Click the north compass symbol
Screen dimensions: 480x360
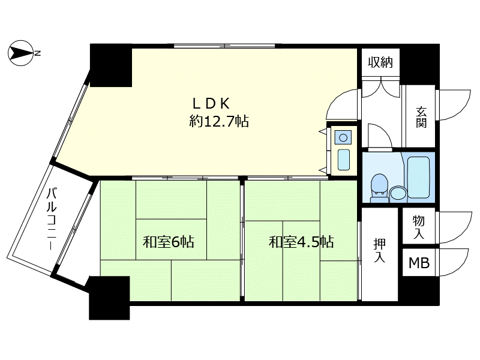(x=21, y=53)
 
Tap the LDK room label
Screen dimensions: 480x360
(x=211, y=104)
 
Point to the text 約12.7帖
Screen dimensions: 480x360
(x=219, y=121)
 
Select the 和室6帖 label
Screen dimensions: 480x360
(x=169, y=242)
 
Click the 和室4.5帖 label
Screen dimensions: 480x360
(x=301, y=242)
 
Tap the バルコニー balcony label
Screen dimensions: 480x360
(x=52, y=218)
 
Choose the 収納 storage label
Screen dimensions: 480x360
(x=380, y=62)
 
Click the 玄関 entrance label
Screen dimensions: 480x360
(x=421, y=116)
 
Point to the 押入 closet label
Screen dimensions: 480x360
(x=380, y=250)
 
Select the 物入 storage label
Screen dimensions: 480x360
(x=418, y=227)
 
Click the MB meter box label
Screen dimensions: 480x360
(x=419, y=263)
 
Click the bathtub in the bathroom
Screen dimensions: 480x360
(x=418, y=178)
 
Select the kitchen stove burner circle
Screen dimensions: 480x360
(x=343, y=138)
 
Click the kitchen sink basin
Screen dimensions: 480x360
(x=343, y=160)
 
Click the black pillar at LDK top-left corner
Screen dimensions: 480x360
(x=111, y=65)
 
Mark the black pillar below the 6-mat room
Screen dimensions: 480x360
(x=109, y=298)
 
